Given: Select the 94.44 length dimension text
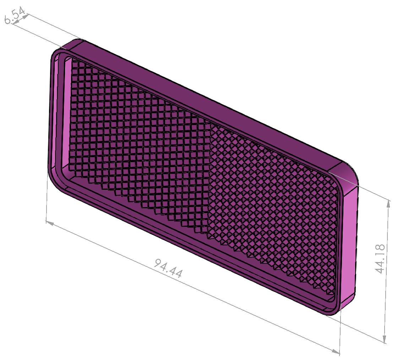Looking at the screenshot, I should (x=168, y=268).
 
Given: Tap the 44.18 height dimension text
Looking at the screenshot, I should (x=380, y=259).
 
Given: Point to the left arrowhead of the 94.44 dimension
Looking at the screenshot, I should (x=50, y=223).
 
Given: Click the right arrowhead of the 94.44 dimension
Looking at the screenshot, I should (x=336, y=351).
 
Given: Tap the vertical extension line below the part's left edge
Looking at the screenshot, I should (x=47, y=202).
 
